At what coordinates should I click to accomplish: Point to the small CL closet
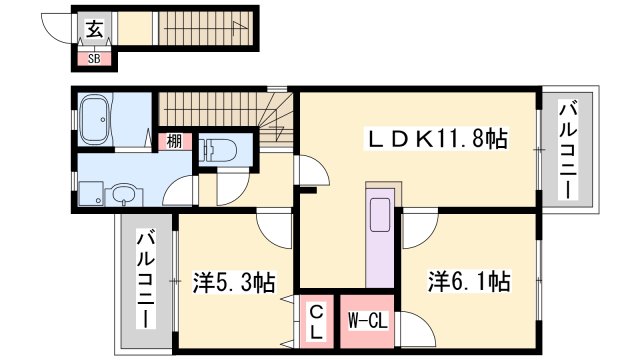(314, 320)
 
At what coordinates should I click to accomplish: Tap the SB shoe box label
(95, 59)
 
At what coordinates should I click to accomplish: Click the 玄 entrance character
(94, 31)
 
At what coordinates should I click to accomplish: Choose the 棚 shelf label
(173, 142)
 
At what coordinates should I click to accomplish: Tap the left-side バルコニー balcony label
(144, 280)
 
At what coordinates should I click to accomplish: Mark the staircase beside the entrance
(195, 31)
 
